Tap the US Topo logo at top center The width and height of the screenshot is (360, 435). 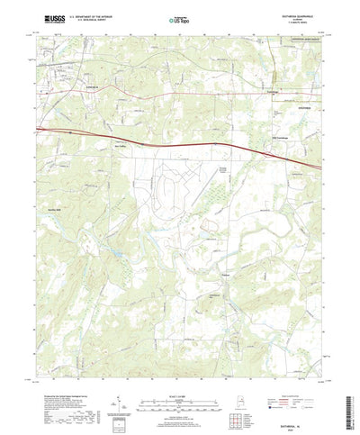[x=180, y=18]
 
